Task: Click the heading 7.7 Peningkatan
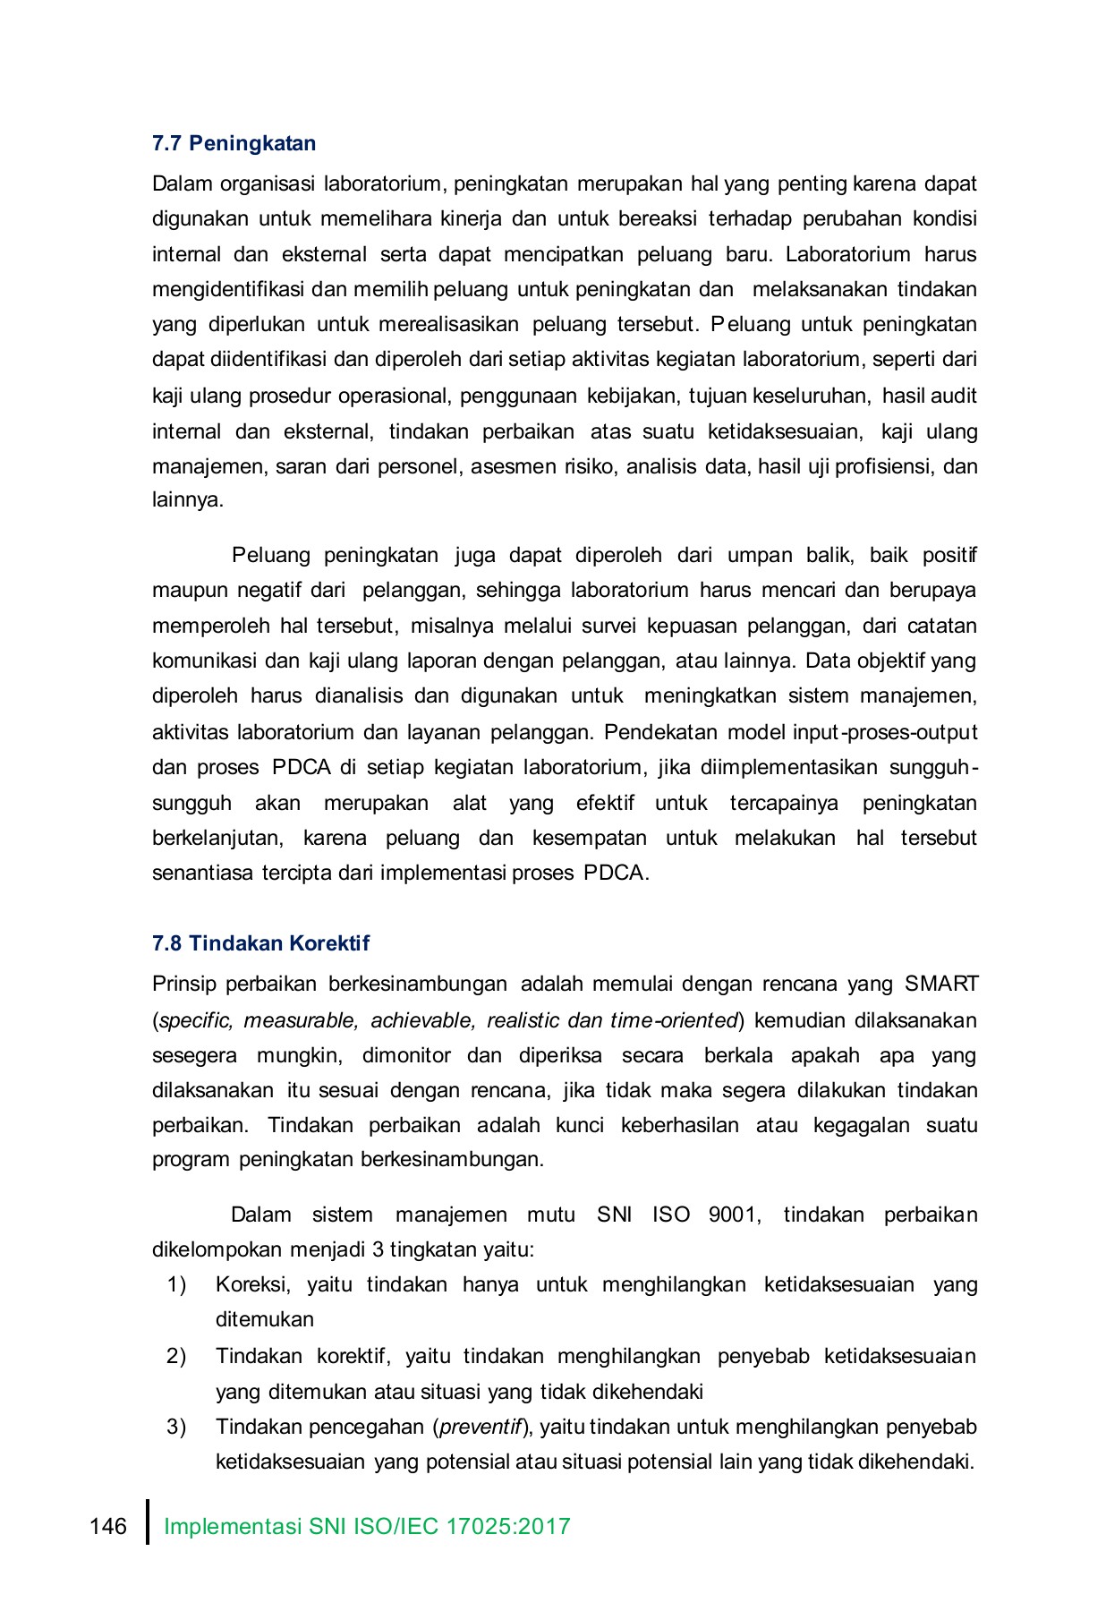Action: (x=234, y=143)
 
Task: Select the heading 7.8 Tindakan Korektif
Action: (x=260, y=943)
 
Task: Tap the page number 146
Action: (x=108, y=1526)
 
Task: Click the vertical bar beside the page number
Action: (x=148, y=1521)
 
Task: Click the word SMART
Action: (x=941, y=984)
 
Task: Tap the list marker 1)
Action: (x=176, y=1285)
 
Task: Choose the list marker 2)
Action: (x=176, y=1356)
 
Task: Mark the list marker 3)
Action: (x=176, y=1427)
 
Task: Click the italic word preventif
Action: (x=481, y=1427)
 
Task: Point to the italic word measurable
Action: (x=301, y=1020)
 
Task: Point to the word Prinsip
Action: (x=184, y=984)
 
